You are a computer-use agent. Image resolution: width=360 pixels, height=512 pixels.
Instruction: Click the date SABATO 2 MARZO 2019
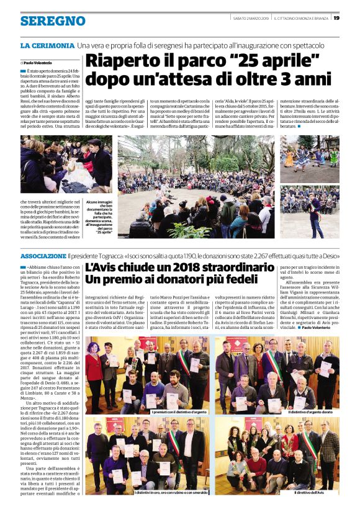tap(247, 18)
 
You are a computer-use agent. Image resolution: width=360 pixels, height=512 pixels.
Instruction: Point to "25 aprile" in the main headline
tap(274, 61)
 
